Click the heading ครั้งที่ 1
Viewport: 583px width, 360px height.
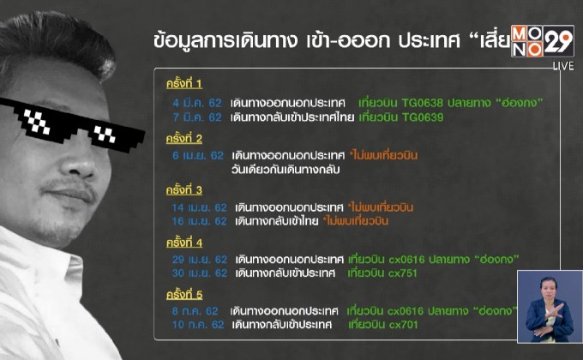(x=184, y=84)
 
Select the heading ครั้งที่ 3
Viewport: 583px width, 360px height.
(x=184, y=189)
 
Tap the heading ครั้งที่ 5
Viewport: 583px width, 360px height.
(x=184, y=294)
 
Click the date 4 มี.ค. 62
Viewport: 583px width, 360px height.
(x=197, y=102)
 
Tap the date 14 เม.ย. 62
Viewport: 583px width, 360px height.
(x=195, y=207)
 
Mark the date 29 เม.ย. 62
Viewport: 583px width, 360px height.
(x=197, y=259)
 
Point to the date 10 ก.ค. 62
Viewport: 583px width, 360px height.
(x=195, y=325)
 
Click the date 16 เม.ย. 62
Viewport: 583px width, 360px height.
(x=195, y=221)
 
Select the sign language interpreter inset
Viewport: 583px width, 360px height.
(x=550, y=306)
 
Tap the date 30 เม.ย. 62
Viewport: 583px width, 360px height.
(x=197, y=273)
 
